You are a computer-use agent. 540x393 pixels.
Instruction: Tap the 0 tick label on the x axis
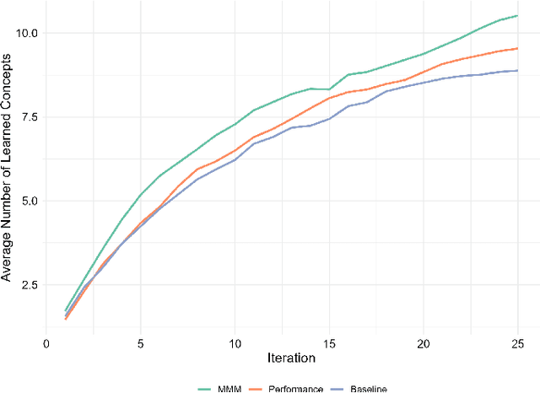click(x=46, y=344)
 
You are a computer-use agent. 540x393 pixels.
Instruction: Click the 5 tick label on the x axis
click(x=141, y=344)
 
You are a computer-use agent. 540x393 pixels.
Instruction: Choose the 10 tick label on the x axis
click(x=235, y=344)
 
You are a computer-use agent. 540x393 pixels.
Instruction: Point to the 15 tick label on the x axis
click(x=329, y=344)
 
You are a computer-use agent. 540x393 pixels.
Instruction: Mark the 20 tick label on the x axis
click(x=424, y=344)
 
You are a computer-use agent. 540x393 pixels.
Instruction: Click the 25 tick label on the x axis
click(x=517, y=344)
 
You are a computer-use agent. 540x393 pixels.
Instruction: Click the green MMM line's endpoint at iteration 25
click(x=517, y=15)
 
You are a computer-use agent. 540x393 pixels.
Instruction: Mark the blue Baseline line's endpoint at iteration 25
click(x=517, y=71)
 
